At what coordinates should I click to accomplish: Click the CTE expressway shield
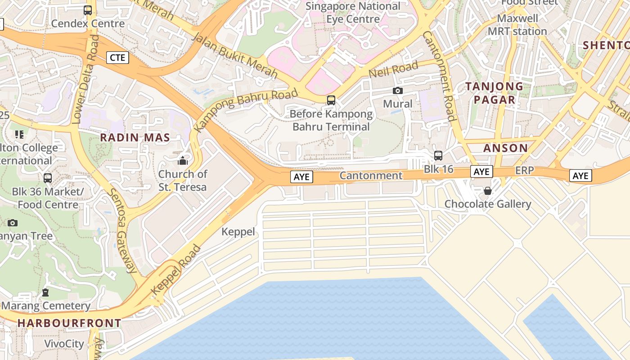[118, 58]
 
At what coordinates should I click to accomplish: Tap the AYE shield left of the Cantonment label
[301, 177]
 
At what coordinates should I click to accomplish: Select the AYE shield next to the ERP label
[481, 171]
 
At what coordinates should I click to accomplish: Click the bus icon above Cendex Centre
[88, 10]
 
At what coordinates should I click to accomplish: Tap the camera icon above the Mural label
[397, 91]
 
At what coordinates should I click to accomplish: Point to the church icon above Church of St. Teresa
[183, 161]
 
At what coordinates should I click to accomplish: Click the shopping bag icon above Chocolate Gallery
[487, 191]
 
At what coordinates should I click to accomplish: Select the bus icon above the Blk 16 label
[438, 156]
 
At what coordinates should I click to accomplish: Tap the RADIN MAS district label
[135, 138]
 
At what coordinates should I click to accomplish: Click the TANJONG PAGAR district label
[494, 93]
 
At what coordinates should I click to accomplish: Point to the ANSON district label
[505, 148]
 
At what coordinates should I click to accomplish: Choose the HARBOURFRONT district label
[69, 323]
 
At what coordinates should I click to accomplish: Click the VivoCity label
[64, 344]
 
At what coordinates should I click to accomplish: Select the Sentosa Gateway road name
[121, 231]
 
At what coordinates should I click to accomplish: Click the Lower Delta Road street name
[85, 79]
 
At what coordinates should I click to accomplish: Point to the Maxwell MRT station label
[517, 25]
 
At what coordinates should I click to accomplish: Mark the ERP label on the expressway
[524, 171]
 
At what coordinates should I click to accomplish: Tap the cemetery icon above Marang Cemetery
[45, 292]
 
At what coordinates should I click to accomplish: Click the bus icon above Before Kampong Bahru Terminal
[331, 100]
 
